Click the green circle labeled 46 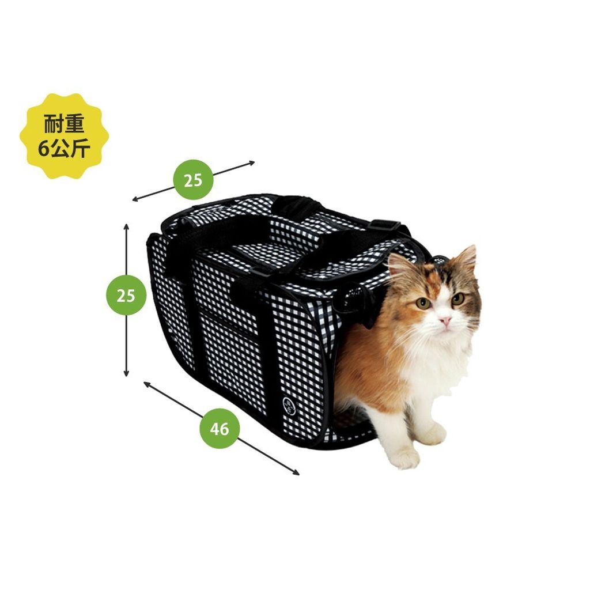pyautogui.click(x=220, y=428)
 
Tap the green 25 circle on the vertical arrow pyautogui.click(x=126, y=296)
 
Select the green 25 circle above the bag pyautogui.click(x=193, y=180)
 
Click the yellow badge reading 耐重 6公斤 pyautogui.click(x=65, y=136)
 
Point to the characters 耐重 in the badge pyautogui.click(x=64, y=124)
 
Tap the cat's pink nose pyautogui.click(x=445, y=320)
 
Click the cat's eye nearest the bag pyautogui.click(x=423, y=302)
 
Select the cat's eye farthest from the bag pyautogui.click(x=457, y=298)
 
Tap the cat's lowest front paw pyautogui.click(x=405, y=459)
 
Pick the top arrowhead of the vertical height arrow pyautogui.click(x=126, y=226)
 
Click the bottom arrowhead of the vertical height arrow pyautogui.click(x=126, y=374)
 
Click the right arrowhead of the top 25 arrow pyautogui.click(x=252, y=162)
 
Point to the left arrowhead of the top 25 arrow pyautogui.click(x=135, y=200)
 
